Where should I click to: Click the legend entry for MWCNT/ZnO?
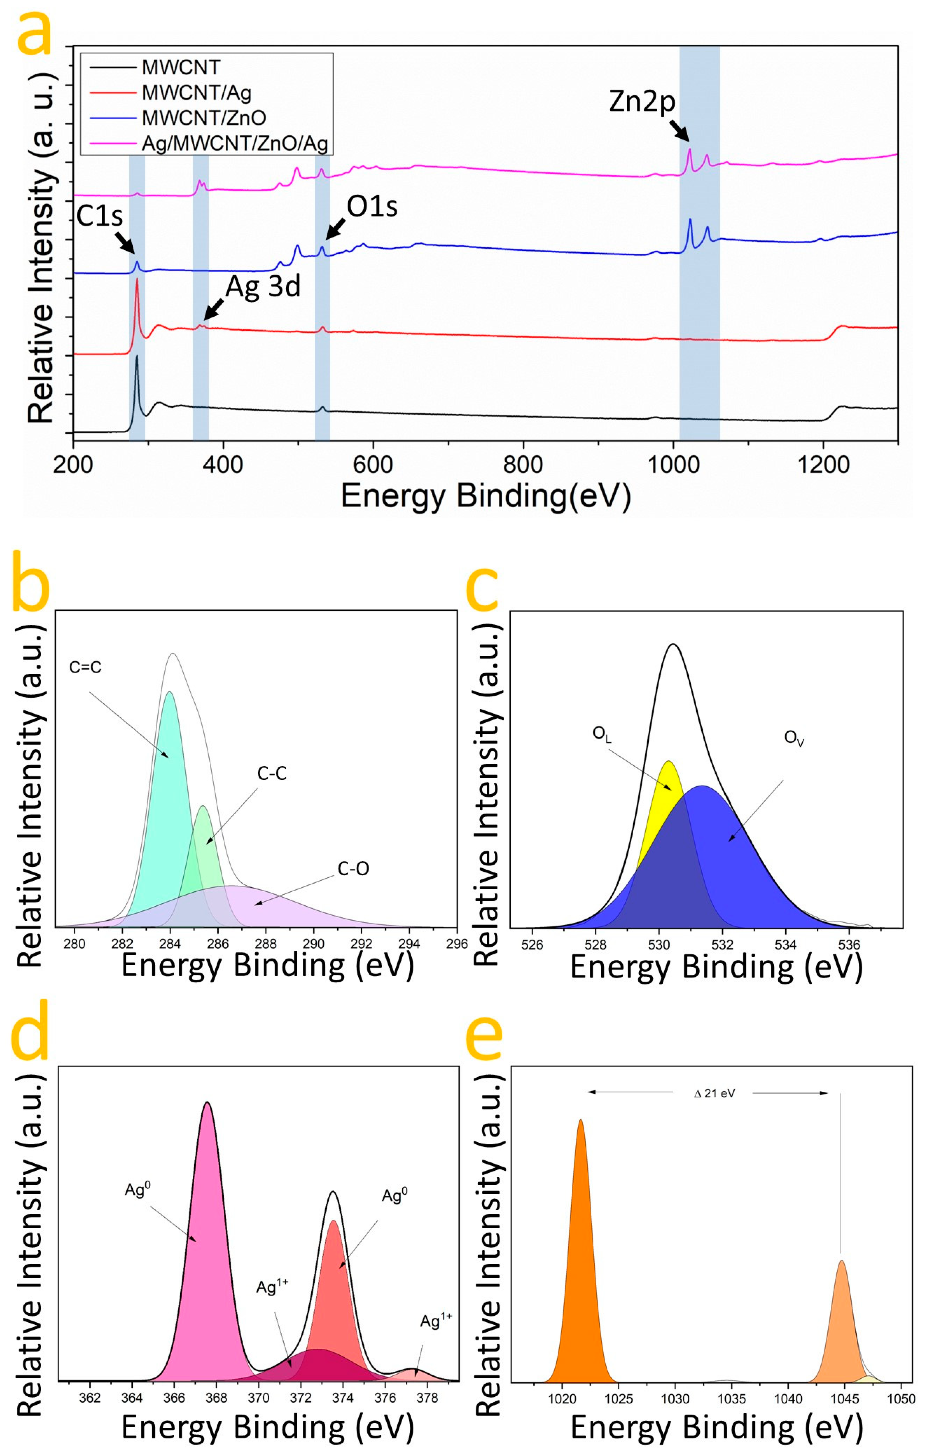coord(204,118)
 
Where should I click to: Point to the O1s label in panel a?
coord(372,207)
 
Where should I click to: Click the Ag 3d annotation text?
coord(263,286)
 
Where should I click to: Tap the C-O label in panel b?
coord(353,869)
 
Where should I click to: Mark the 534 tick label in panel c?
coord(785,944)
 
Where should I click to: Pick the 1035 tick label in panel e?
coord(731,1399)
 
